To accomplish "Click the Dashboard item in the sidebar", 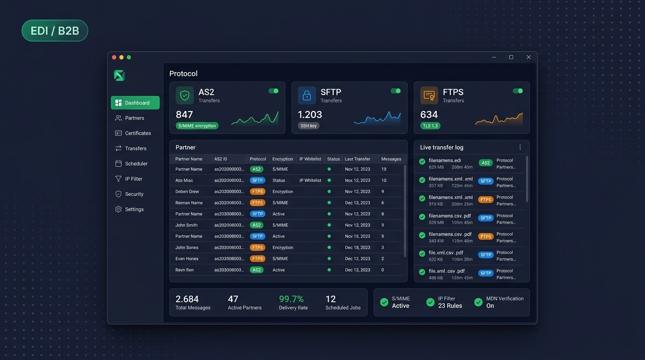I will point(135,103).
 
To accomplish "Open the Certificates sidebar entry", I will point(137,133).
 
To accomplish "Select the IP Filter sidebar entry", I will point(133,179).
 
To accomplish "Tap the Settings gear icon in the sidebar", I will point(118,209).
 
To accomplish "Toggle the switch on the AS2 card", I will point(273,91).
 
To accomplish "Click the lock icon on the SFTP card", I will point(307,96).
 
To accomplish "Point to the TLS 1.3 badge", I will point(430,126).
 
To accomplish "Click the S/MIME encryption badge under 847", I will point(197,126).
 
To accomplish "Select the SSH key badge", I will point(308,126).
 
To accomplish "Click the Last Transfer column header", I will point(357,159).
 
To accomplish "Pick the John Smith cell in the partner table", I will point(187,225).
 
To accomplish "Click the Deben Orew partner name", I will point(187,191).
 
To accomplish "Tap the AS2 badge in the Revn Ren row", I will point(256,270).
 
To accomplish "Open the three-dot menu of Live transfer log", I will point(520,147).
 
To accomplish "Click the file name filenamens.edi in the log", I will point(445,160).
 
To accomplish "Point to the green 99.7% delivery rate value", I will point(291,299).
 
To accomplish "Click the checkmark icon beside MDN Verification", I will point(478,302).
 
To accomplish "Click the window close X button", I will point(528,57).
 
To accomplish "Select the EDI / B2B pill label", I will point(55,31).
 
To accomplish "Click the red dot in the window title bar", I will point(114,57).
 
